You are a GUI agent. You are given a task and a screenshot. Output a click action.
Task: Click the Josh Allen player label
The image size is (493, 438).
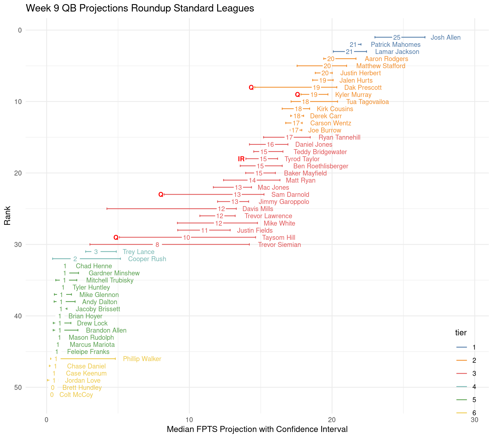coord(445,38)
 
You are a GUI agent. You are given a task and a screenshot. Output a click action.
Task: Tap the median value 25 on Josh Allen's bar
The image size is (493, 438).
coord(397,38)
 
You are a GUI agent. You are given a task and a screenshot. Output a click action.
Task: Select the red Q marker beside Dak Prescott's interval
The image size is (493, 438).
coord(251,88)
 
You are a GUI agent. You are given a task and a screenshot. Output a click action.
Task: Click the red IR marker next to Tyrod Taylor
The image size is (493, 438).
coord(241,159)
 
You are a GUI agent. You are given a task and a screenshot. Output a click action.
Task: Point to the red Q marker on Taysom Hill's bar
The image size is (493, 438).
coord(116,238)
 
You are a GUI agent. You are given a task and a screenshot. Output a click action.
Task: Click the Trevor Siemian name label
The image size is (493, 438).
coord(279,245)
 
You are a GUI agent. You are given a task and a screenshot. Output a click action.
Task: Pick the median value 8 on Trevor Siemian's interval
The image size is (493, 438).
coord(157,245)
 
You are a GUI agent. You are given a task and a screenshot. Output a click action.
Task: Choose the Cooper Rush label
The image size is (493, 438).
coord(147,259)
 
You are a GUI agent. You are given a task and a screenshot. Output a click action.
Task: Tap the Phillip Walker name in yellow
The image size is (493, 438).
coord(142,359)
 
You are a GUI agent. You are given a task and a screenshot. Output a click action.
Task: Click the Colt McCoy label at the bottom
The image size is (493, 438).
coord(76,395)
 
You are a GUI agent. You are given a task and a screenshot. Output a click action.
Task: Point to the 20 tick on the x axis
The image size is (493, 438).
coord(332,420)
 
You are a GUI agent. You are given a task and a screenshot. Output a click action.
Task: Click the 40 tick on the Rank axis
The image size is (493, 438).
coord(18,316)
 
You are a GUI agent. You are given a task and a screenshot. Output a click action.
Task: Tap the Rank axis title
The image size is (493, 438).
coord(8,215)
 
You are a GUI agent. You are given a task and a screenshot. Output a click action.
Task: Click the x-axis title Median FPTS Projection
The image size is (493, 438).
coord(257,429)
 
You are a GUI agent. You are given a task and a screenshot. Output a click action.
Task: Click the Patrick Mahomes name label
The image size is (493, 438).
coord(395,45)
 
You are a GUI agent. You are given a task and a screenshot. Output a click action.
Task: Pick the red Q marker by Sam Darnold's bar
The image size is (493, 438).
coord(161,195)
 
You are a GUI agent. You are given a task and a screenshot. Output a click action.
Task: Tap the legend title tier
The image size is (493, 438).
coord(461,333)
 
